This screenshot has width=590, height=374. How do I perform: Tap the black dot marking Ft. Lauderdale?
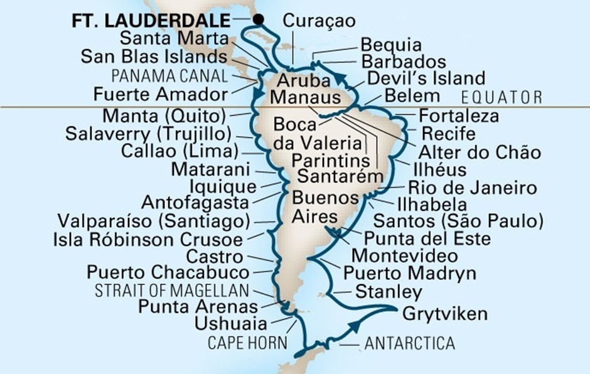click(x=257, y=20)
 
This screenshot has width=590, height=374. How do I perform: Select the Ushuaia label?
click(x=231, y=324)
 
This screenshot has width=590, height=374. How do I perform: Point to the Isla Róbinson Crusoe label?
click(x=148, y=239)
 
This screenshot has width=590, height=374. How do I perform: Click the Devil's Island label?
click(x=426, y=78)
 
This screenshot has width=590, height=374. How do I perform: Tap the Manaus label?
click(x=306, y=98)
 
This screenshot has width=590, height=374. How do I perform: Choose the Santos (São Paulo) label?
click(x=458, y=221)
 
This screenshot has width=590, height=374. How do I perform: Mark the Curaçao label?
click(x=319, y=20)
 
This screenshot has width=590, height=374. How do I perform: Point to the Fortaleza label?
click(x=459, y=116)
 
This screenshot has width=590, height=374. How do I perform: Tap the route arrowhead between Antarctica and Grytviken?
click(x=356, y=326)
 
